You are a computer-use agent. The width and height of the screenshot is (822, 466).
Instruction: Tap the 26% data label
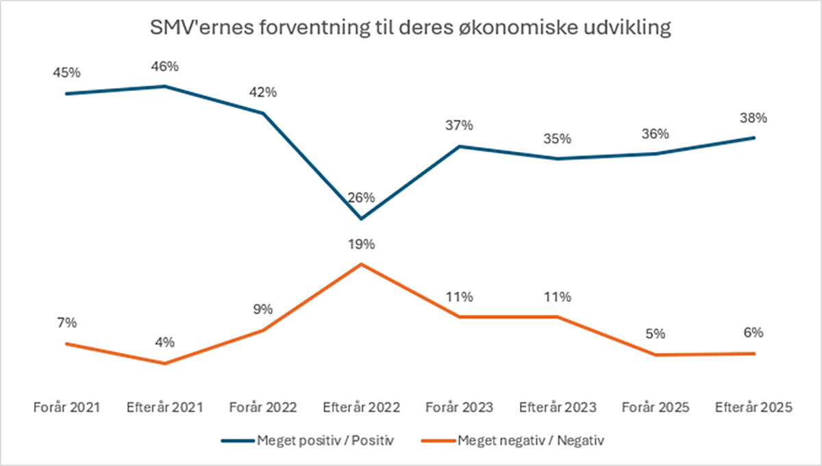(x=361, y=198)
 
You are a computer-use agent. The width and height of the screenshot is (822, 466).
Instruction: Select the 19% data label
(x=361, y=244)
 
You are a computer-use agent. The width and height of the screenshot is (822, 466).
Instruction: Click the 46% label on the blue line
(x=164, y=66)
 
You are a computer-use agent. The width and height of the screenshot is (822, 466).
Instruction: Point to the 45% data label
(x=66, y=73)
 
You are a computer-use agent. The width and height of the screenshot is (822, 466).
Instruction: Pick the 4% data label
(x=164, y=342)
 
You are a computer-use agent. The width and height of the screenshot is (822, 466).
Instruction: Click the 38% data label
(x=754, y=118)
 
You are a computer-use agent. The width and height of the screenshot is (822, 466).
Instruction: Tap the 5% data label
(x=656, y=334)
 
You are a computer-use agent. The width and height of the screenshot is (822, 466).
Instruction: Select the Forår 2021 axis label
(x=66, y=407)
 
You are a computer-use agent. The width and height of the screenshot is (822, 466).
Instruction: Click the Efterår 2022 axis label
(x=361, y=407)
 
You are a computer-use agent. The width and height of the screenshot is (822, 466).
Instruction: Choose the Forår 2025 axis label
(x=656, y=407)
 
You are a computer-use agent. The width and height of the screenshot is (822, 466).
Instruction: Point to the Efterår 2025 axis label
(x=754, y=407)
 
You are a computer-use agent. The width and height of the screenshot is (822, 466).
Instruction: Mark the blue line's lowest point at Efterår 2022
(x=361, y=219)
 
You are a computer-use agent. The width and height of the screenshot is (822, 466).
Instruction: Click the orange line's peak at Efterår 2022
(x=361, y=263)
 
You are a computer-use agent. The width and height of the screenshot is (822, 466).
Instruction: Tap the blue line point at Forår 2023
(x=459, y=146)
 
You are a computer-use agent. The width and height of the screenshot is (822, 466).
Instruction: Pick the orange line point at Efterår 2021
(x=164, y=363)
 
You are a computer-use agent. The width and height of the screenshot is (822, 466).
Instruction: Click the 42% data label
(x=263, y=92)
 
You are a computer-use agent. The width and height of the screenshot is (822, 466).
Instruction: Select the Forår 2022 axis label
(x=263, y=407)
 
